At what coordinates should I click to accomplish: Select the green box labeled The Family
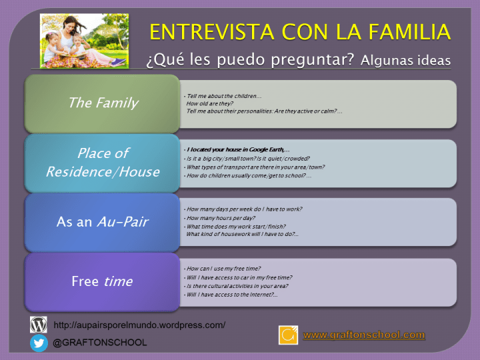click(x=103, y=103)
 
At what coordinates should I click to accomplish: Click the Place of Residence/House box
click(x=103, y=162)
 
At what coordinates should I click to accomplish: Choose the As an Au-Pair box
click(x=103, y=222)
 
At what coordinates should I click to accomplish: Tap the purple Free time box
click(x=103, y=281)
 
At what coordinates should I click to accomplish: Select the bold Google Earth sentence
click(x=237, y=149)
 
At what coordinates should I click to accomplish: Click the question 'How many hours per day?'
click(x=221, y=218)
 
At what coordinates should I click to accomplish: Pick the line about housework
click(x=242, y=234)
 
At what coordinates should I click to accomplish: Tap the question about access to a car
click(x=239, y=277)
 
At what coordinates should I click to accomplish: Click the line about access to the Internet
click(x=232, y=294)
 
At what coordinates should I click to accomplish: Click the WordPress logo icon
click(x=39, y=325)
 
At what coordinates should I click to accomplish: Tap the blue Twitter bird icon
click(x=39, y=343)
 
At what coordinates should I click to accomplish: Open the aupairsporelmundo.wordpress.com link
click(x=139, y=325)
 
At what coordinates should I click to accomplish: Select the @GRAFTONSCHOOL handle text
click(x=100, y=343)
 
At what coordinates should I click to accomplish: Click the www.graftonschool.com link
click(x=364, y=335)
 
